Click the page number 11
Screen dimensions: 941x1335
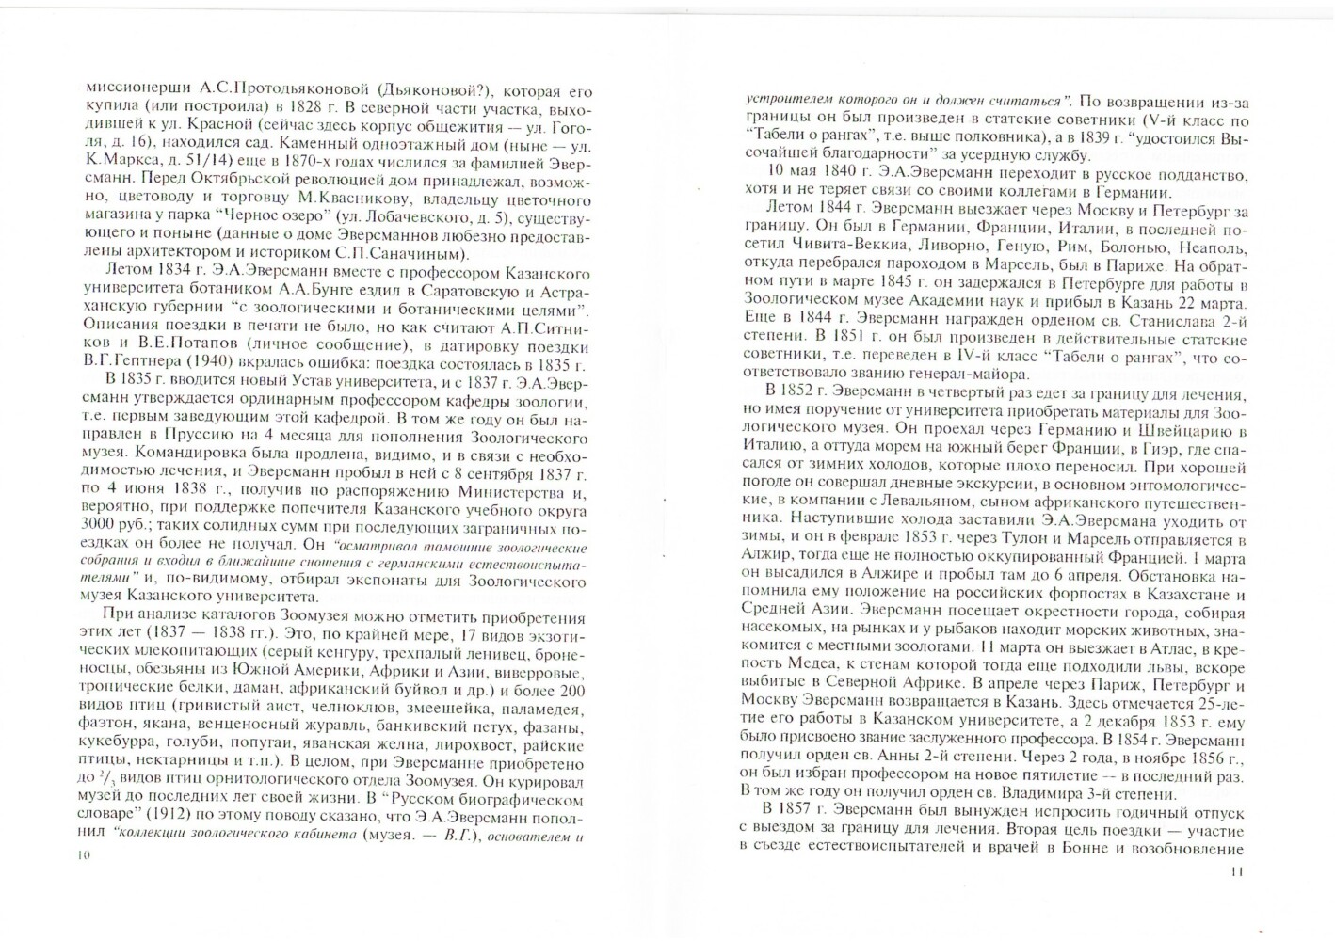click(x=1237, y=871)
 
